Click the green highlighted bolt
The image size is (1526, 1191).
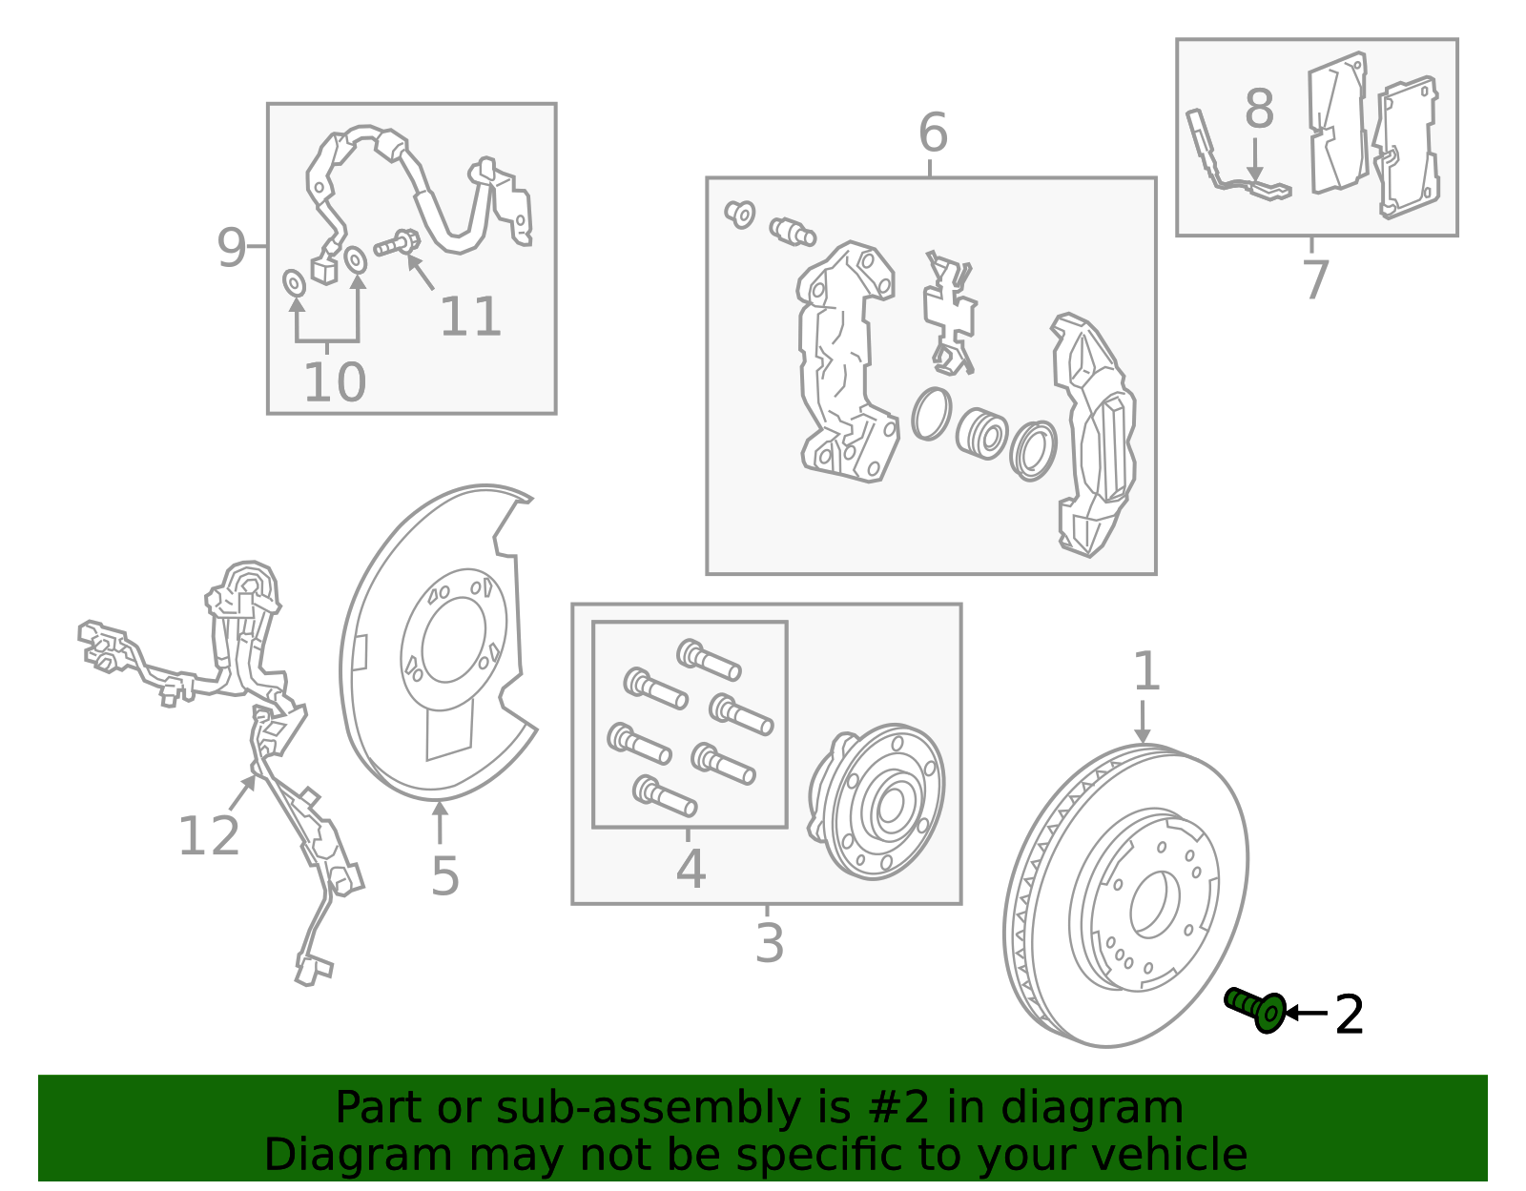[1255, 1011]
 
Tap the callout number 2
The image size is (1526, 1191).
[1349, 1015]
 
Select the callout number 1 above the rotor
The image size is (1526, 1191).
[1146, 671]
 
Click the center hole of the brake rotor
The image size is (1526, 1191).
[1154, 905]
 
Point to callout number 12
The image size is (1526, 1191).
[209, 836]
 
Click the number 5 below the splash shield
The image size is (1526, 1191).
[444, 876]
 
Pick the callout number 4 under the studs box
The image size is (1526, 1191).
[691, 869]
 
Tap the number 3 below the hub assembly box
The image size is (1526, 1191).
[769, 942]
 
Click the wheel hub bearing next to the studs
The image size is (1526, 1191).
[876, 802]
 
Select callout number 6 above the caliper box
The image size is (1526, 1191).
[934, 132]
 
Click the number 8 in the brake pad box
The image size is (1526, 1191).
[1259, 109]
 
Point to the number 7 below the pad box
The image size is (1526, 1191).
[1316, 279]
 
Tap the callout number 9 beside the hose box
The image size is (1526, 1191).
[232, 248]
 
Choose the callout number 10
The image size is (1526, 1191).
[334, 383]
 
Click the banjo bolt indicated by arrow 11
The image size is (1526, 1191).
[397, 243]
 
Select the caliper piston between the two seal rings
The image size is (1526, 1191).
[981, 434]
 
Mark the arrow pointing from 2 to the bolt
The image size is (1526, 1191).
[1307, 1013]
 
